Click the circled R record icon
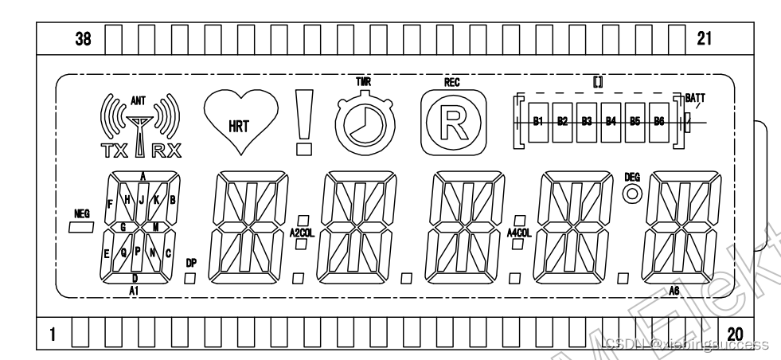[452, 120]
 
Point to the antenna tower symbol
[139, 127]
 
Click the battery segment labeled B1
[537, 121]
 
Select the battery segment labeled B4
[611, 121]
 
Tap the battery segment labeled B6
[659, 121]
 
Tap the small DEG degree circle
[633, 193]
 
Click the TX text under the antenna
[110, 148]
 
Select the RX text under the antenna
[165, 148]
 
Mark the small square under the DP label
[190, 278]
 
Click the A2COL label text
[302, 233]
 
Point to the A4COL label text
[519, 233]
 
